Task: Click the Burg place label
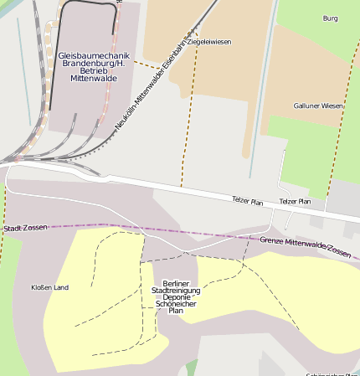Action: pos(330,18)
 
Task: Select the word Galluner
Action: pos(306,106)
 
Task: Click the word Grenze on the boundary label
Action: pos(274,241)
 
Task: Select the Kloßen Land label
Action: pos(49,287)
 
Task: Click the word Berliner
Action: pos(177,283)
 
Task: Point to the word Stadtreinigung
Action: pos(176,290)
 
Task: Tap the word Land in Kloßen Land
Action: pos(60,287)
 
